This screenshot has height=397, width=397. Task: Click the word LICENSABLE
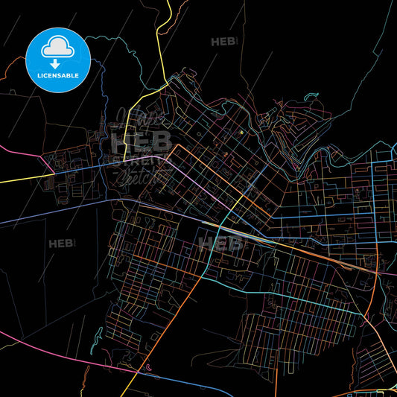coord(58,74)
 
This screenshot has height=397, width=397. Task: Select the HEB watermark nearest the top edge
coord(223,42)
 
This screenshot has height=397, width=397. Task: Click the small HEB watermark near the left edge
coord(61,244)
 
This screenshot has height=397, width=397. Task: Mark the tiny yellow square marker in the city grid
coord(241,133)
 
